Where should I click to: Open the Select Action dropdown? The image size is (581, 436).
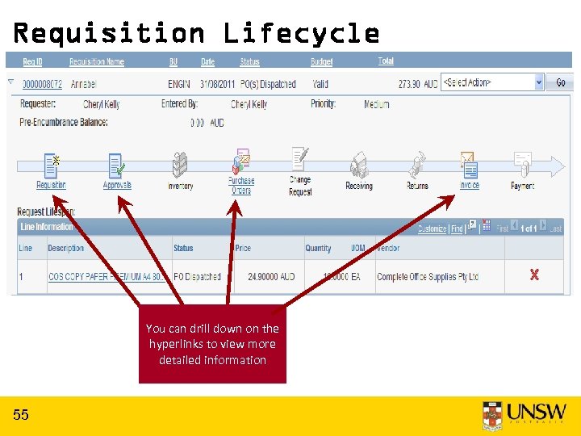[493, 83]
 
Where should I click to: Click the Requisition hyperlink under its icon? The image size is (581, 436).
[51, 185]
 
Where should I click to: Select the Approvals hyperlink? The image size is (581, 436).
[117, 185]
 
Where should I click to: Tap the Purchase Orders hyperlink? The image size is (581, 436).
[241, 186]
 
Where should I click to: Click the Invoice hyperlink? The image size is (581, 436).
[469, 185]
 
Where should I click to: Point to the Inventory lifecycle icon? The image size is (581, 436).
[180, 166]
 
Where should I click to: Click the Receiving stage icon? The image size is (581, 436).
[359, 166]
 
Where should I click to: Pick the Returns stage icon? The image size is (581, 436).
[417, 166]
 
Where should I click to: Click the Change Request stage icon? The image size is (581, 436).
[300, 159]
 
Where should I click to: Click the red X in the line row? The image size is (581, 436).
[533, 275]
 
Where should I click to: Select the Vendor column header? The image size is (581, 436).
[389, 249]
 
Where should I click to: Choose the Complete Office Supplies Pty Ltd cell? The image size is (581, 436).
[428, 277]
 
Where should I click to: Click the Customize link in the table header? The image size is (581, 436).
[433, 228]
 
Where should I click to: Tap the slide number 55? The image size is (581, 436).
[21, 415]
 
